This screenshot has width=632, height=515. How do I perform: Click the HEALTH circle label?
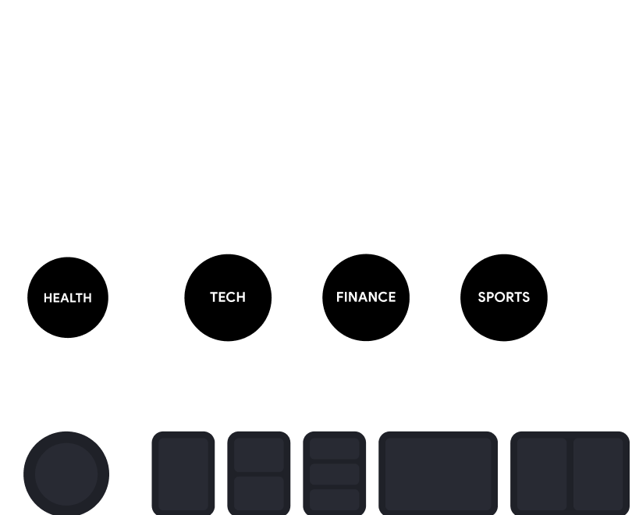click(68, 298)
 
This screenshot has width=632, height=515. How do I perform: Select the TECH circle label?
click(228, 297)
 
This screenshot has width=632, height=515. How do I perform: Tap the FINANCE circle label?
click(366, 297)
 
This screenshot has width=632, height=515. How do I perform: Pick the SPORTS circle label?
click(504, 297)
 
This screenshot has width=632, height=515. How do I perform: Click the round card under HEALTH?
click(66, 474)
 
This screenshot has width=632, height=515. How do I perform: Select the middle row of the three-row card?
click(335, 474)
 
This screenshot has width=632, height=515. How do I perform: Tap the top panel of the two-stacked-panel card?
click(259, 455)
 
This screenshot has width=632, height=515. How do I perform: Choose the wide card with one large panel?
click(438, 473)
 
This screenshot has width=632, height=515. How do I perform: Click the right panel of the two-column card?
click(598, 474)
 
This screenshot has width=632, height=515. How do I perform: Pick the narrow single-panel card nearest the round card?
click(183, 474)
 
